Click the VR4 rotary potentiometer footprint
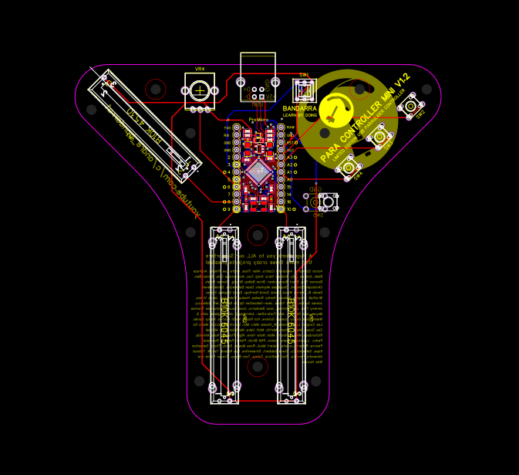click(x=200, y=90)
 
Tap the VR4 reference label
click(x=200, y=69)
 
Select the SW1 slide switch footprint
click(x=305, y=90)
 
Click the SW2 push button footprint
click(x=411, y=106)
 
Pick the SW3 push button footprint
click(x=379, y=137)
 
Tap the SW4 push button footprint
click(x=349, y=168)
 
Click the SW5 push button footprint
click(x=328, y=202)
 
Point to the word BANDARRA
click(x=299, y=109)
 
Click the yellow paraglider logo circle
click(x=336, y=110)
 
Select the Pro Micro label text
click(x=258, y=120)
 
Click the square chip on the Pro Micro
click(x=258, y=171)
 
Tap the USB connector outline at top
click(x=258, y=71)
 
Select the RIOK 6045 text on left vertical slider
click(x=224, y=321)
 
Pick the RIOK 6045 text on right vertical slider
click(x=291, y=321)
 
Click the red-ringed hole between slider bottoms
click(x=258, y=365)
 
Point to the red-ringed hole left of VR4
click(x=156, y=89)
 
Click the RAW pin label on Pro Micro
click(x=291, y=127)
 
